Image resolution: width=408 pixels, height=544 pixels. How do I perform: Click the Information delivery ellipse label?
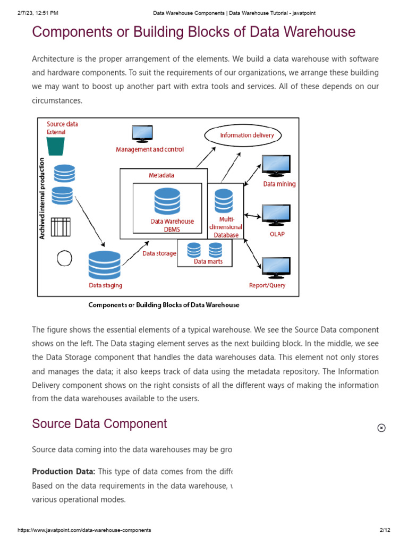[247, 135]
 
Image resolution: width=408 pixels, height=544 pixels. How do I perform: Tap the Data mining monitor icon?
[276, 166]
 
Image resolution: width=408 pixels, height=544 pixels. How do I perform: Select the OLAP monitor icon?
[276, 215]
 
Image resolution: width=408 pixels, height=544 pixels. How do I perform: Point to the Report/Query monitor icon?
[276, 267]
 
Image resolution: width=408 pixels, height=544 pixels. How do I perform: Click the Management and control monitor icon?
[142, 133]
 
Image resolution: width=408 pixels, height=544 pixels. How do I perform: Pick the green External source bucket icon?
[56, 146]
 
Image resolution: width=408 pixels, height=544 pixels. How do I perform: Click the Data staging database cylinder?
[105, 265]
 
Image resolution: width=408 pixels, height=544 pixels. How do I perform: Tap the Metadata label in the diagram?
[161, 175]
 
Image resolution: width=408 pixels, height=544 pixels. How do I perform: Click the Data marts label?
[208, 261]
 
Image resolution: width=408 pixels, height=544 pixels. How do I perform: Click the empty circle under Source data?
[64, 258]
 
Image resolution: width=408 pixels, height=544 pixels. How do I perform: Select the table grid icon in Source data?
[61, 227]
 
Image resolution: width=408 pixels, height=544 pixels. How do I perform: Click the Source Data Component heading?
[99, 423]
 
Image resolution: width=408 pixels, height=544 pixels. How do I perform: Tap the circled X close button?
[381, 428]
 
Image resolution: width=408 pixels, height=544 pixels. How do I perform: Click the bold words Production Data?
[64, 471]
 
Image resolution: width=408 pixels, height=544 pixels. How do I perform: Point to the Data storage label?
[159, 253]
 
